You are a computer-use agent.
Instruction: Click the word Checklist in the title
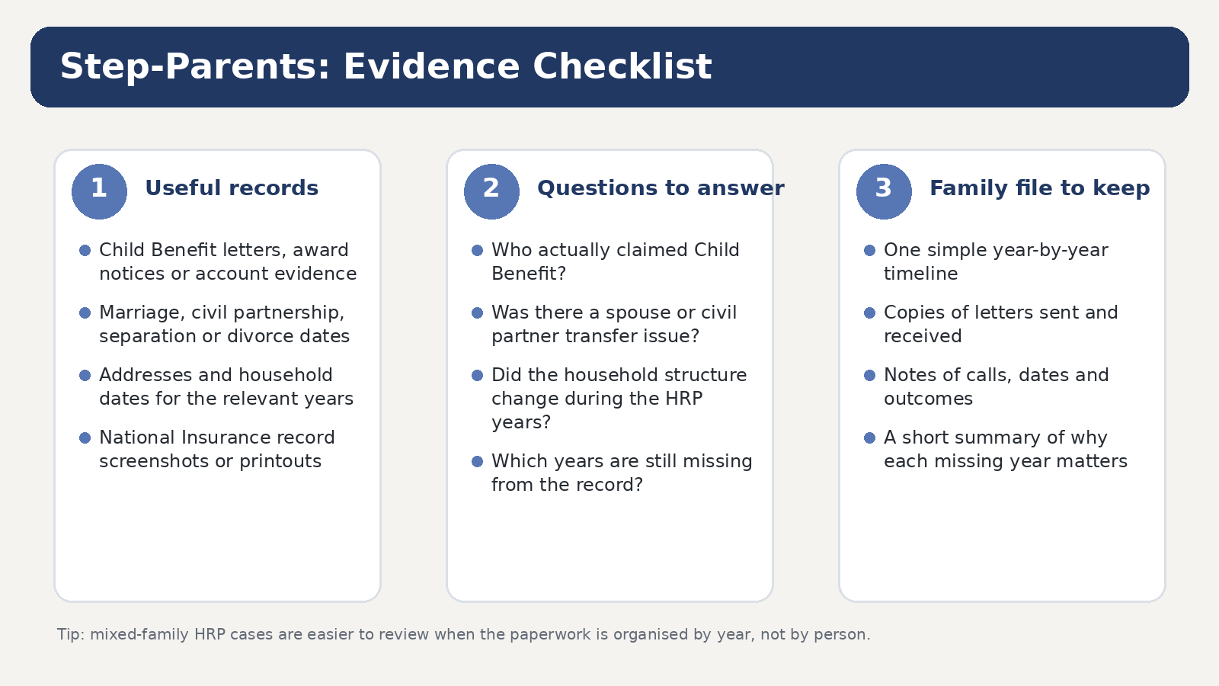(x=622, y=66)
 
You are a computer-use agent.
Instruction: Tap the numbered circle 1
(x=99, y=191)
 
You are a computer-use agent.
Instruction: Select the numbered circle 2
(x=491, y=191)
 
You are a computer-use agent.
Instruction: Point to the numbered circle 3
(x=884, y=191)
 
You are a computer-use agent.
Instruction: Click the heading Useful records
(x=232, y=188)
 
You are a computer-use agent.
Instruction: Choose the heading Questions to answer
(x=661, y=188)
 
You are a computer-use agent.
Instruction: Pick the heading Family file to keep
(x=1039, y=188)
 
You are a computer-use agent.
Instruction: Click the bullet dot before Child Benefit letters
(x=85, y=251)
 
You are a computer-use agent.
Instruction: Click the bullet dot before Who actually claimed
(x=477, y=251)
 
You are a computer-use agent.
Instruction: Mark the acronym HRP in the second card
(x=684, y=399)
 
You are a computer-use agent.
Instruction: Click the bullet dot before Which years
(x=477, y=462)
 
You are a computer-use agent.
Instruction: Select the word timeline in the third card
(x=921, y=274)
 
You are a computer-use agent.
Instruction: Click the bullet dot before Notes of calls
(x=869, y=375)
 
